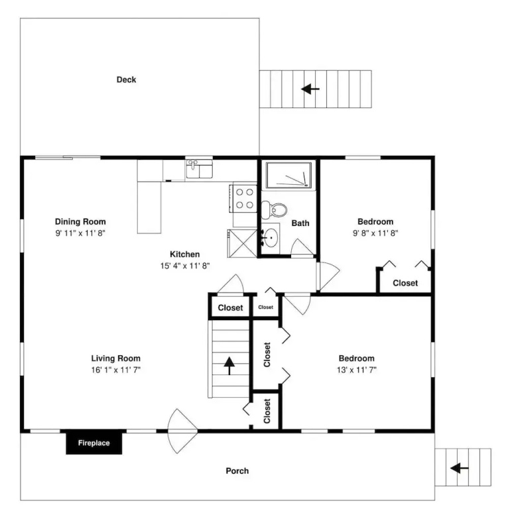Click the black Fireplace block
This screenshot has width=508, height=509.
(94, 443)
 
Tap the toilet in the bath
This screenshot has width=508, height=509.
(275, 209)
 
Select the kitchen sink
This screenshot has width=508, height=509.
(200, 169)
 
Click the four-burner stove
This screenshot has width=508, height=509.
(243, 198)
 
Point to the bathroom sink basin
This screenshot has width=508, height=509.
(270, 238)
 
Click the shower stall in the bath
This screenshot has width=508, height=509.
(288, 175)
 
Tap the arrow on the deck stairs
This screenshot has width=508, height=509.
(310, 89)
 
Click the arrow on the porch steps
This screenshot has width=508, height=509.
(460, 468)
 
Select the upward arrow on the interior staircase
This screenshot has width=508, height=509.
(229, 366)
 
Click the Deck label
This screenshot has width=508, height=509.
(127, 80)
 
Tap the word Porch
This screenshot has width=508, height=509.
(237, 471)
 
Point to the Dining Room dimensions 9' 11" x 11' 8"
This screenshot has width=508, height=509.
(80, 233)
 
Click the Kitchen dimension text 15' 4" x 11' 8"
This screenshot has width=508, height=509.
(185, 266)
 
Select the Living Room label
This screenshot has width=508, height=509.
(115, 359)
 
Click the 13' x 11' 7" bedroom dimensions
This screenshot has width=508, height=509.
(357, 370)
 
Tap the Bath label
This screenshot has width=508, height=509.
(300, 223)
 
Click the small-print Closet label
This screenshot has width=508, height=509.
(266, 307)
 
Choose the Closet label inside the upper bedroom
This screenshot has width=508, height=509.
(405, 283)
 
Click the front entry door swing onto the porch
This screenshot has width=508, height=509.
(182, 431)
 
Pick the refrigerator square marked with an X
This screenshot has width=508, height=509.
(242, 243)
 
